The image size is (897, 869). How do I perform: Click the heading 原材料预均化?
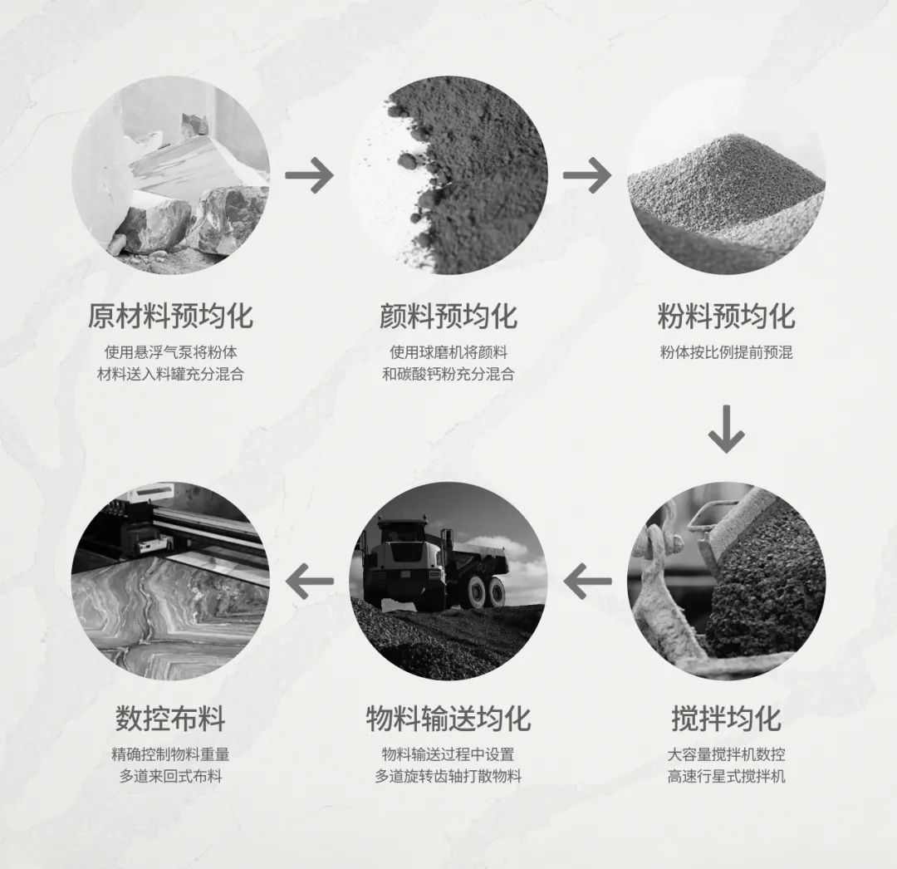170,316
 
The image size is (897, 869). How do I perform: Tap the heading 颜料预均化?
448,316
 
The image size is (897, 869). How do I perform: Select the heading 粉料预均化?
727,316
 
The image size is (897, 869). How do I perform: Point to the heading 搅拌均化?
727,718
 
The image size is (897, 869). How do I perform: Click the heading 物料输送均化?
448,718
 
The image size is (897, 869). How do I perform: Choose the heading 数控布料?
170,718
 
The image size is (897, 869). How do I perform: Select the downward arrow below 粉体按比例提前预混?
727,429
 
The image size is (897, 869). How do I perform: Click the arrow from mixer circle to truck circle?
587,582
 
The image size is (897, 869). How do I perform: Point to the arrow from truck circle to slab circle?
309,582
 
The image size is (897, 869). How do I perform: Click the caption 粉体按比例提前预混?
727,352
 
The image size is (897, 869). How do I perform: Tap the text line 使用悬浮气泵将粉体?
170,352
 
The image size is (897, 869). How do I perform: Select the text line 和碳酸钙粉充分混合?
448,374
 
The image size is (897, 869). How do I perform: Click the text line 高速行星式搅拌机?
727,776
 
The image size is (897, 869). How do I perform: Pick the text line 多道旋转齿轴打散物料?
448,776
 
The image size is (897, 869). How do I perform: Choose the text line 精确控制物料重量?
170,754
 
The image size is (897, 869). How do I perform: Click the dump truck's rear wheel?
495,592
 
